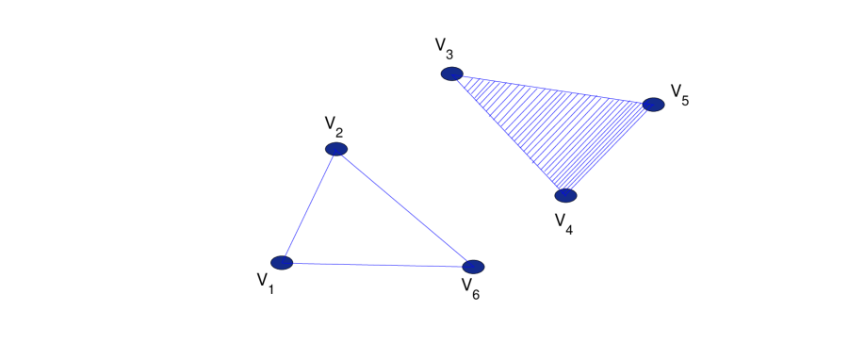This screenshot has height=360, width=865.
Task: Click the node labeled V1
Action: point(282,262)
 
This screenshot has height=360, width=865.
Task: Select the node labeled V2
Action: point(336,149)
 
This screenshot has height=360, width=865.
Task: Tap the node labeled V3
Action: point(451,74)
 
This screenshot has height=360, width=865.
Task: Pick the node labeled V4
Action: point(565,196)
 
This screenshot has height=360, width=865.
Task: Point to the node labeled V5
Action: point(654,105)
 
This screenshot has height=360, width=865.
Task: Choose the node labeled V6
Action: point(473,267)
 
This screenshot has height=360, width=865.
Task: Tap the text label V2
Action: point(333,126)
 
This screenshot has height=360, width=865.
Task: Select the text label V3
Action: point(444,48)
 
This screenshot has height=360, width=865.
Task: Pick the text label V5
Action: point(679,93)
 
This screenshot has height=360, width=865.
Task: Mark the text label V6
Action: point(470,288)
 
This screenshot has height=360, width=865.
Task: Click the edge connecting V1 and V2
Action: point(309,205)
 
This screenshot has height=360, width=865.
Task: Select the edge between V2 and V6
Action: point(405,208)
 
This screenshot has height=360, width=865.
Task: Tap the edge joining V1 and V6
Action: point(377,265)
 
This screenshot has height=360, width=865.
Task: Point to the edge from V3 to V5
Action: point(552,90)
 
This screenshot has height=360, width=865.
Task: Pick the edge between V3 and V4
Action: point(508,135)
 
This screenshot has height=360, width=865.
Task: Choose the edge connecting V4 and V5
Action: point(610,151)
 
